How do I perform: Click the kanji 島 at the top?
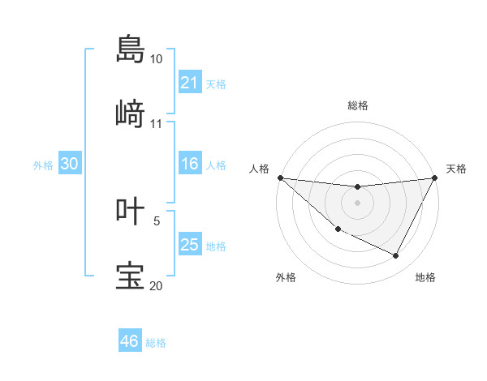(131, 49)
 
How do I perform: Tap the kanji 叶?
(131, 211)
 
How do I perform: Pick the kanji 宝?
(131, 276)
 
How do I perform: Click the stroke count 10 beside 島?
(157, 59)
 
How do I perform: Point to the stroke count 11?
(157, 124)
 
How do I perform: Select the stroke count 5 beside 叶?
(157, 220)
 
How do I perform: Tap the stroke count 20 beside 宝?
(157, 285)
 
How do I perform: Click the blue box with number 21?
(190, 83)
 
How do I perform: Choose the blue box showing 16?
(190, 164)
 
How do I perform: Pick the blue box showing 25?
(190, 245)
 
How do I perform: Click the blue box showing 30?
(70, 164)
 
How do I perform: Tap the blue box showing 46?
(130, 341)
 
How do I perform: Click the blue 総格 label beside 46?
(156, 343)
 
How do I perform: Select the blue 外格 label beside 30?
(43, 165)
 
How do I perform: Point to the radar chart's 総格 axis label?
(357, 105)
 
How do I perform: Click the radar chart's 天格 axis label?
(457, 169)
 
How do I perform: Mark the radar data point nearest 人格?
(280, 178)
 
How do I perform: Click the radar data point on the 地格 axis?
(395, 256)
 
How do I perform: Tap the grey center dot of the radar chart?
(357, 203)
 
